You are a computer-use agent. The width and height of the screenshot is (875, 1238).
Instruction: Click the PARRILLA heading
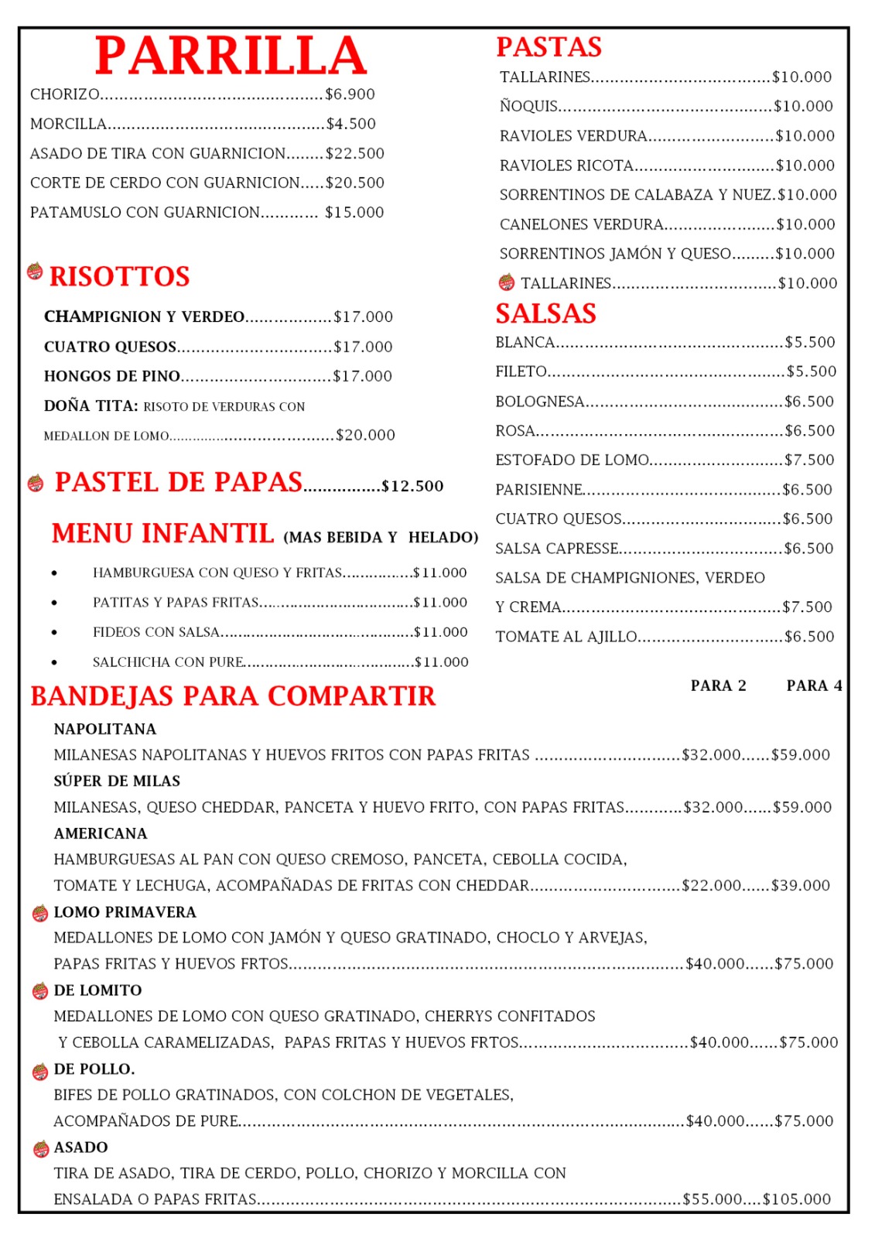[231, 56]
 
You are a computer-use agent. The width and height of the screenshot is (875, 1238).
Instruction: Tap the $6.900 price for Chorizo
[350, 94]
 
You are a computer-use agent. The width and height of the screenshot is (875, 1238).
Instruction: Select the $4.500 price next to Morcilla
[350, 124]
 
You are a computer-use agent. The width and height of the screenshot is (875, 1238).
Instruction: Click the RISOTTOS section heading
[119, 276]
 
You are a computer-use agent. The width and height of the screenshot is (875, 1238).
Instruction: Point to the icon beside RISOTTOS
[35, 272]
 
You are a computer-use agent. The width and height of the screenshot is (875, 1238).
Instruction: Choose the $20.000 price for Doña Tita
[365, 435]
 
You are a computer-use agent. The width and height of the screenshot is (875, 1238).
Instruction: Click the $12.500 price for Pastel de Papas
[412, 486]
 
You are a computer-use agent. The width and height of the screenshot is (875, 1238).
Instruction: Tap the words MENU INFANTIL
[162, 533]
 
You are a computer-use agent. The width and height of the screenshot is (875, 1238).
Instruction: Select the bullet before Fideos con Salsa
[54, 632]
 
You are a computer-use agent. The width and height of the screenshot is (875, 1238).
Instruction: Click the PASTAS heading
[549, 47]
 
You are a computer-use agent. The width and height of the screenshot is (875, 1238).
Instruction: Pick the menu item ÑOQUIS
[528, 106]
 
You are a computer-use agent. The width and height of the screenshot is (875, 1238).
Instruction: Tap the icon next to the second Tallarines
[507, 282]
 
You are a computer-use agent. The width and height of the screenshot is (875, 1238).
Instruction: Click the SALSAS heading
[545, 313]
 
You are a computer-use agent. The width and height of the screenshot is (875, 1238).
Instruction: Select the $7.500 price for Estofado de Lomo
[809, 460]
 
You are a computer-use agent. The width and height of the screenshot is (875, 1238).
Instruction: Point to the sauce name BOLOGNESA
[539, 401]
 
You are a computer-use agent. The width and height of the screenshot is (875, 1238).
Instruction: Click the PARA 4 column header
[814, 686]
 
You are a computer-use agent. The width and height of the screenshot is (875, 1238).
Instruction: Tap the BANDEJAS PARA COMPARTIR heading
[233, 696]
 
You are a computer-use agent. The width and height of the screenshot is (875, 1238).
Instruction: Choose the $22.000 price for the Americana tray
[711, 885]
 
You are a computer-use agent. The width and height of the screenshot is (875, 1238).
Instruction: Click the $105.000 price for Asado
[797, 1199]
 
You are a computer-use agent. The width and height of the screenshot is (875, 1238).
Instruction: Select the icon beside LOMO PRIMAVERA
[40, 914]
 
